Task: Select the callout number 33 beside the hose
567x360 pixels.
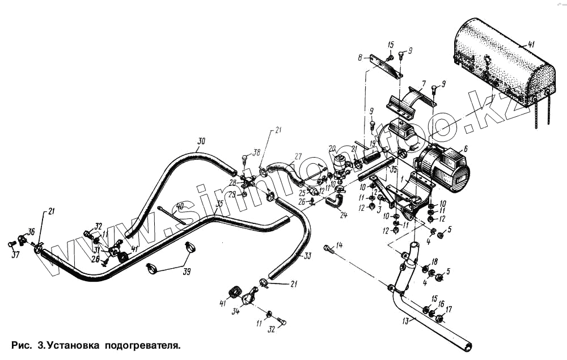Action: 307,256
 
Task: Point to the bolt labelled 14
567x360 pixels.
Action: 329,248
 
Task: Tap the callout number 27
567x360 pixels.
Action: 298,156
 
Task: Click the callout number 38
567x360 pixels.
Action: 257,153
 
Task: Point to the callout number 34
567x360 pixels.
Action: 235,311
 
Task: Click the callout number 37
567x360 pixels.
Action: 15,255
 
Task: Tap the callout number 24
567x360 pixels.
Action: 344,215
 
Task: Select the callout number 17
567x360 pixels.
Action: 448,310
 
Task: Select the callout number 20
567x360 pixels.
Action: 333,148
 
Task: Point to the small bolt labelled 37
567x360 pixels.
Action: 12,244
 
